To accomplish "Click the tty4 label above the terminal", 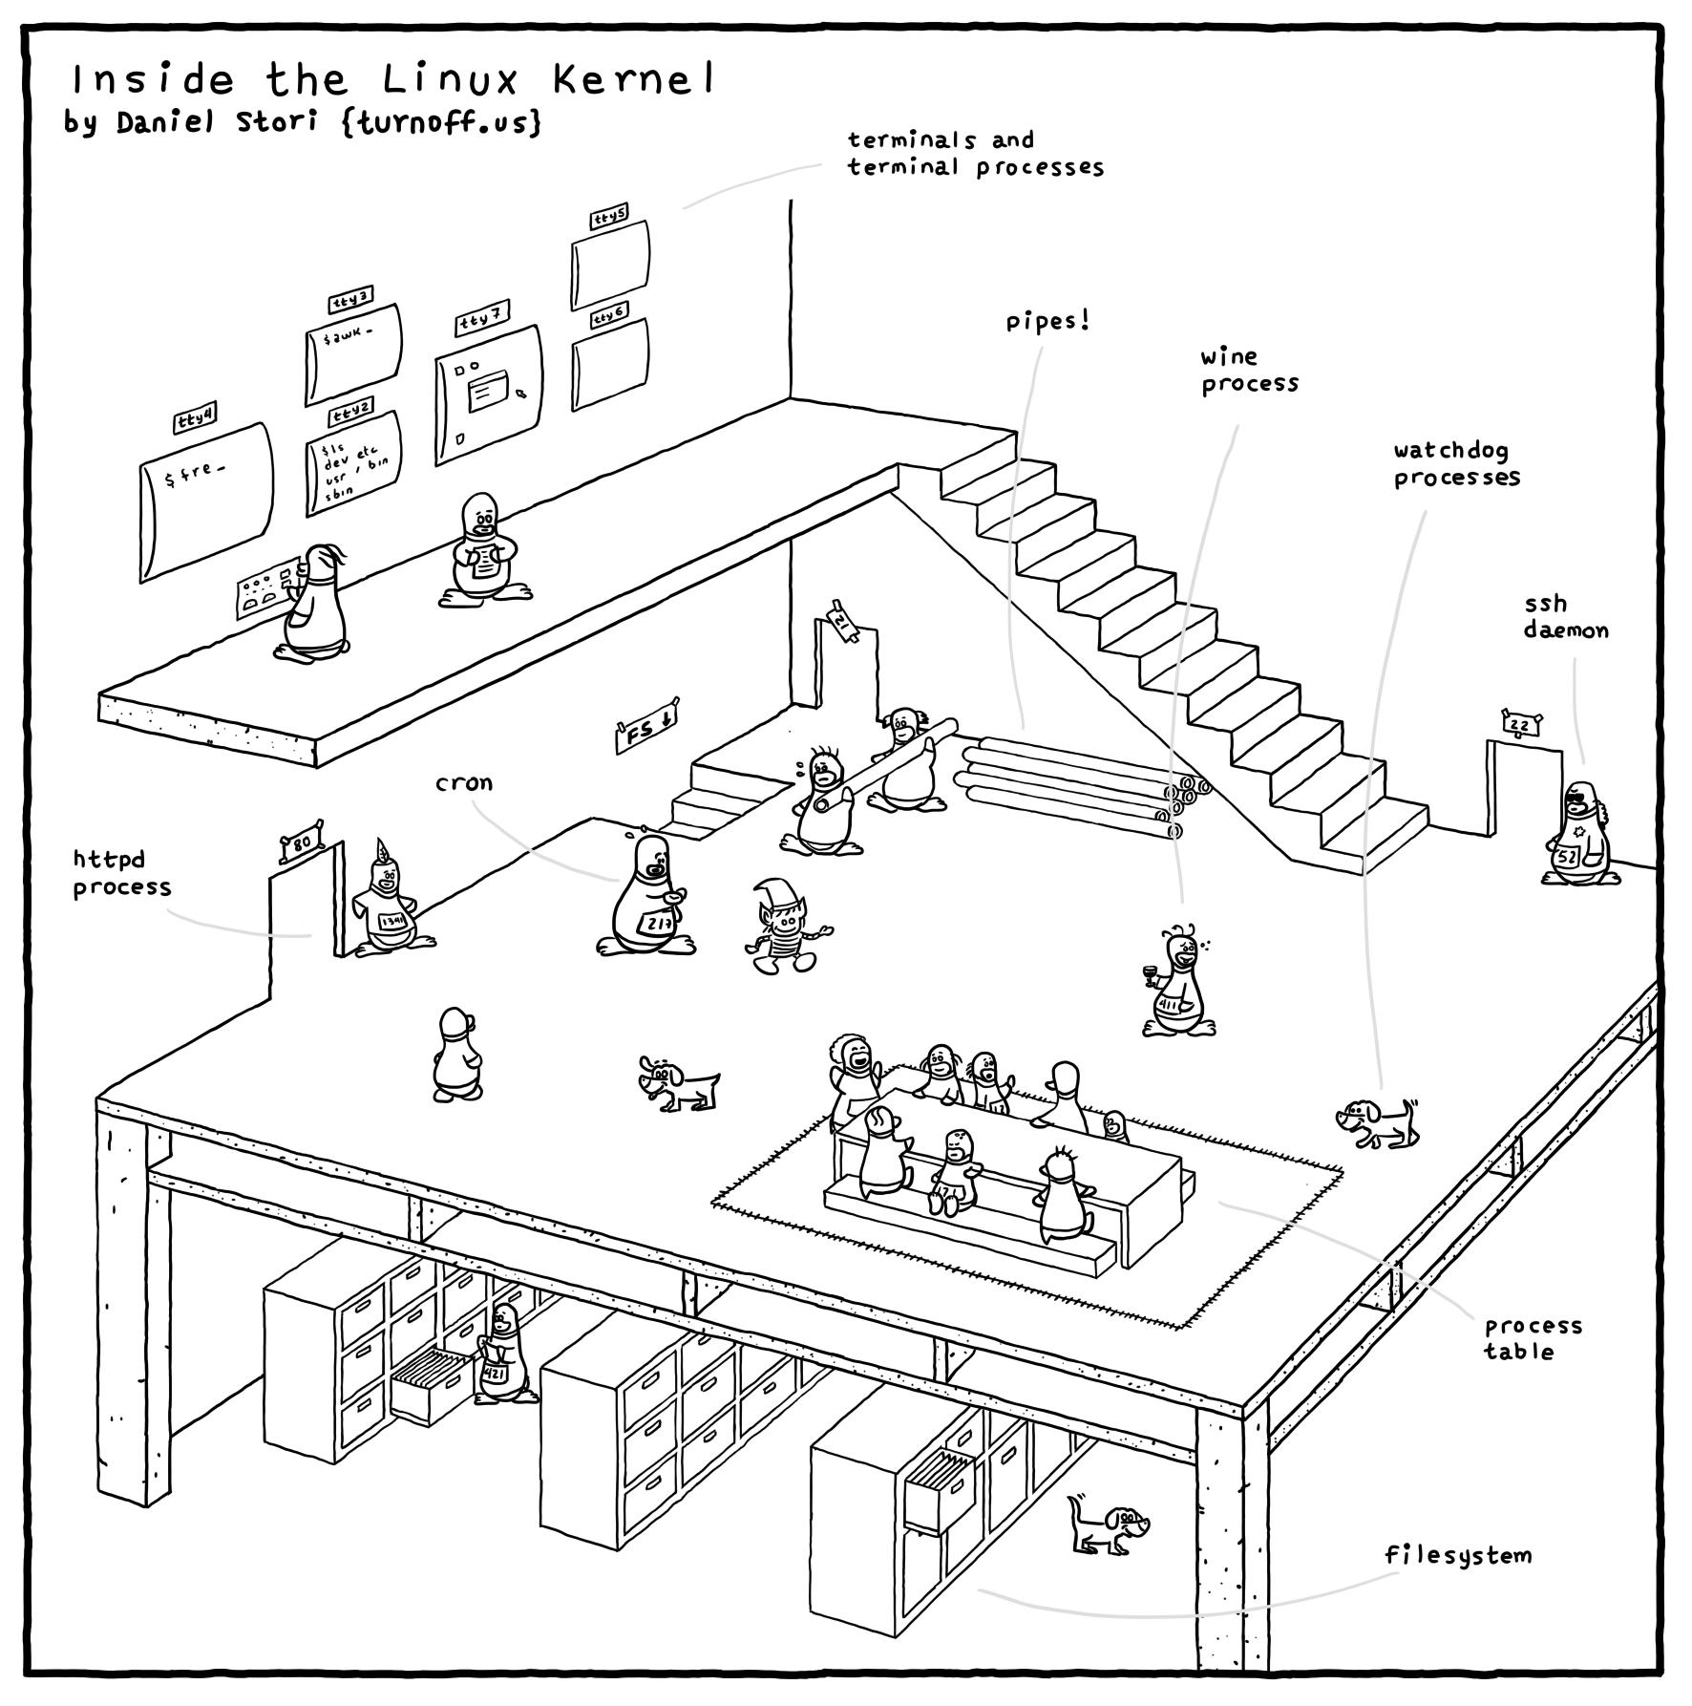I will [x=195, y=419].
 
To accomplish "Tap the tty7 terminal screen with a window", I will [x=488, y=395].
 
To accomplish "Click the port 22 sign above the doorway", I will [x=1520, y=726].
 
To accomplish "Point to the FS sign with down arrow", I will [x=646, y=731].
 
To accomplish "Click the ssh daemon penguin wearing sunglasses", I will [x=1577, y=833].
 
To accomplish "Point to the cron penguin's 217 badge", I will [x=658, y=924].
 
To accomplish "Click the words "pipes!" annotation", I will [x=1047, y=322].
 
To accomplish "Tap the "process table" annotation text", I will [x=1533, y=1337].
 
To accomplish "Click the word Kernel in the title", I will [x=633, y=80].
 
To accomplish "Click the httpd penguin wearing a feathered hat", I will [x=386, y=903].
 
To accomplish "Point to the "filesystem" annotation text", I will [x=1458, y=1555].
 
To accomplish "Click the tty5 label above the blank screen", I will [x=609, y=218].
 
